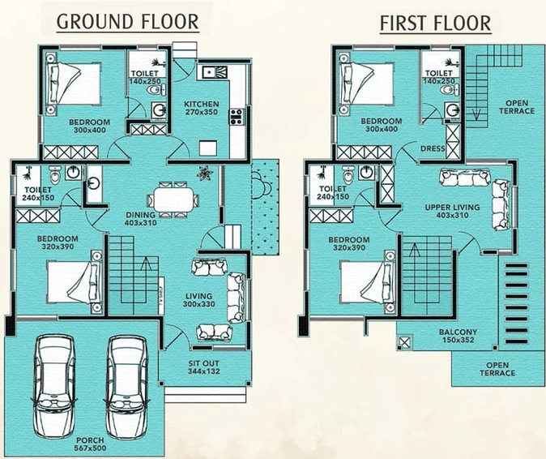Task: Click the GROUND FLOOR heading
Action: pyautogui.click(x=128, y=22)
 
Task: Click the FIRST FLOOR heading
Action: pyautogui.click(x=435, y=24)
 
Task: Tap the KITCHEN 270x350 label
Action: pyautogui.click(x=201, y=108)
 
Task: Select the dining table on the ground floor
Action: pyautogui.click(x=173, y=199)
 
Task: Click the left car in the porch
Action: pyautogui.click(x=53, y=386)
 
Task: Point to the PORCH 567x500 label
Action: pyautogui.click(x=90, y=444)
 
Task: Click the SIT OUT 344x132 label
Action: pyautogui.click(x=204, y=367)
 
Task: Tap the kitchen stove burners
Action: pyautogui.click(x=236, y=117)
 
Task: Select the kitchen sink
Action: pyautogui.click(x=215, y=72)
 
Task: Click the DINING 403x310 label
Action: pyautogui.click(x=141, y=219)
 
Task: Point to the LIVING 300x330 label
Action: pyautogui.click(x=198, y=300)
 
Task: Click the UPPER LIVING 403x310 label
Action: pyautogui.click(x=452, y=211)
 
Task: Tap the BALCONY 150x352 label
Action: pyautogui.click(x=458, y=336)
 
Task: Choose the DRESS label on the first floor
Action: pyautogui.click(x=433, y=148)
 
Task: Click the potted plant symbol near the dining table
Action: pyautogui.click(x=204, y=174)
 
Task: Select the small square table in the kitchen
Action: pyautogui.click(x=208, y=148)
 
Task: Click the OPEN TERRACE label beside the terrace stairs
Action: pyautogui.click(x=517, y=107)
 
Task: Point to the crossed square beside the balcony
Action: pyautogui.click(x=405, y=342)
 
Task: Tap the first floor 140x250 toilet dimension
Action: pyautogui.click(x=439, y=81)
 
